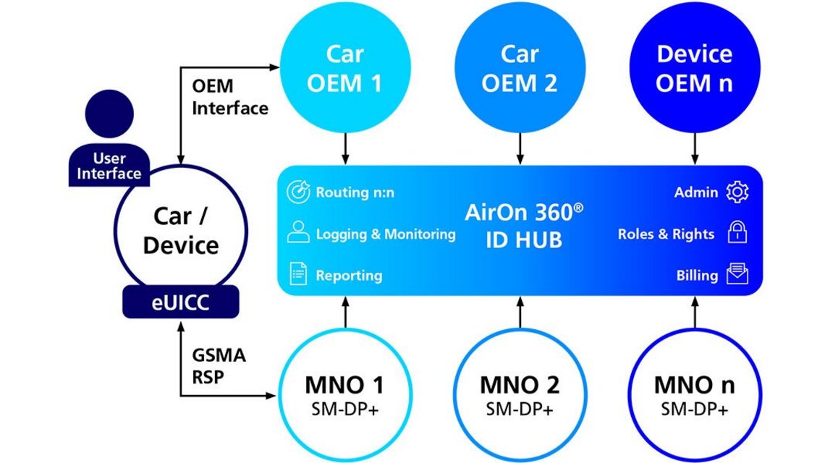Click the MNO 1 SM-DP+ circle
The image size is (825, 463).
click(344, 395)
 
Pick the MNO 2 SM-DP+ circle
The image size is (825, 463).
click(520, 395)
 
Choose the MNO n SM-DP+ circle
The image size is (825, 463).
click(695, 395)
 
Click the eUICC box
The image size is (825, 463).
click(180, 302)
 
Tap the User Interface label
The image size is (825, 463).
click(109, 166)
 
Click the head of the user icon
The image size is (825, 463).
click(109, 113)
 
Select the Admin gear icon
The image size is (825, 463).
click(737, 192)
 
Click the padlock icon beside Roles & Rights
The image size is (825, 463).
click(737, 234)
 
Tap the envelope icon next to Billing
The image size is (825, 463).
click(737, 275)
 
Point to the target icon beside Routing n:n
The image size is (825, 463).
click(298, 192)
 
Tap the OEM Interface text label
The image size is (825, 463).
click(230, 97)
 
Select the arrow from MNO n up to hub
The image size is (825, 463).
click(695, 312)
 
